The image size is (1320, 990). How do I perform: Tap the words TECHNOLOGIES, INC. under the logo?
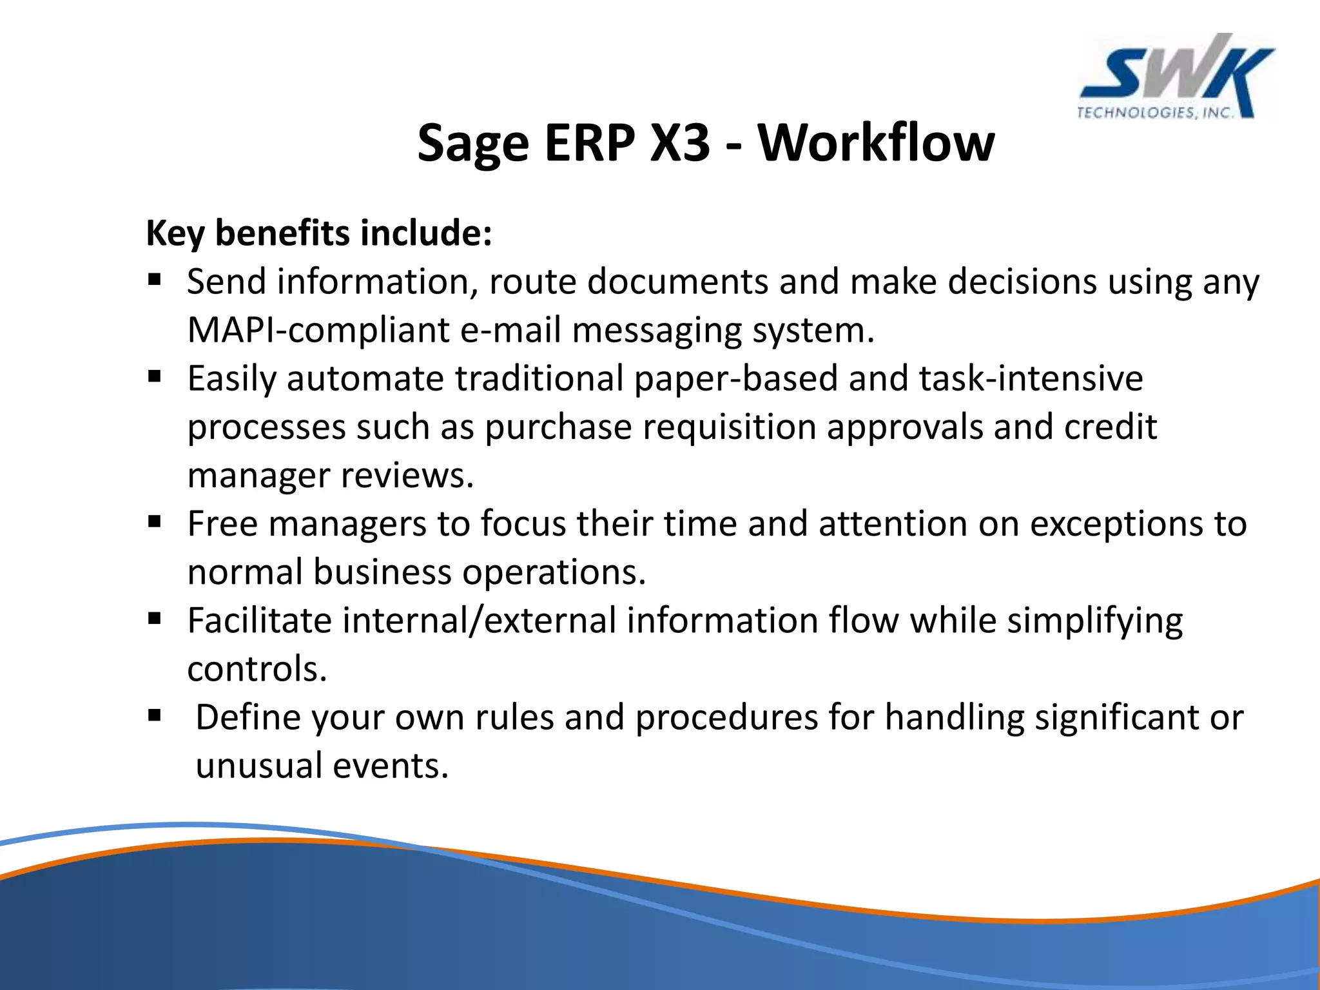click(1156, 113)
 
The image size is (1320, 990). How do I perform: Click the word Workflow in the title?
click(876, 142)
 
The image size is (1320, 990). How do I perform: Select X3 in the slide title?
click(680, 142)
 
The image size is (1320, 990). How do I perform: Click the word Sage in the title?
click(473, 144)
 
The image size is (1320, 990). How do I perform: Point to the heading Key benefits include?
click(319, 233)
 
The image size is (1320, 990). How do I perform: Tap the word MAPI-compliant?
click(318, 330)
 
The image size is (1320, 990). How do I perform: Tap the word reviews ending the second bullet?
click(407, 476)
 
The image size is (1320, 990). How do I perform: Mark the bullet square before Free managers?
click(154, 521)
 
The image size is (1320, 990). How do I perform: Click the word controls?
click(257, 669)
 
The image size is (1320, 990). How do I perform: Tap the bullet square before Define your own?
click(154, 715)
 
